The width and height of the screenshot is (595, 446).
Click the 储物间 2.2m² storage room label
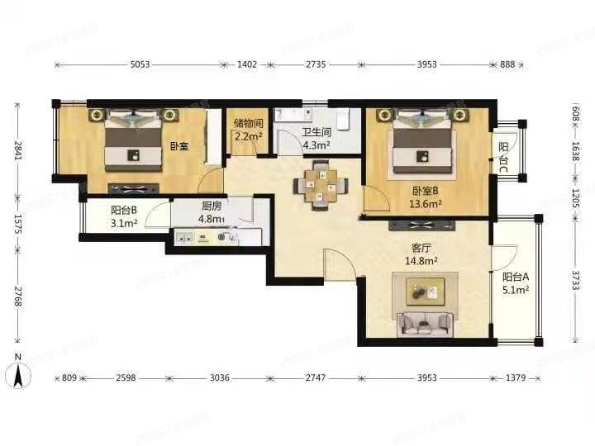[x=248, y=130]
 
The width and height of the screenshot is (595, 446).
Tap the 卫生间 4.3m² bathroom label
[x=316, y=138]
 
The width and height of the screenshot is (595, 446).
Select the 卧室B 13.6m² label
[x=426, y=196]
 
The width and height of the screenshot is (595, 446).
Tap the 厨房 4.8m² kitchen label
[x=213, y=214]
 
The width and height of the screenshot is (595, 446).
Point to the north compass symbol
[x=20, y=373]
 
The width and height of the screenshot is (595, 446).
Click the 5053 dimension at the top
[x=138, y=64]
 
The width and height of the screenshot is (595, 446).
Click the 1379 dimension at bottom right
[x=515, y=377]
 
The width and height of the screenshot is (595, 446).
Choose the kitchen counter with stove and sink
[x=217, y=238]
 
